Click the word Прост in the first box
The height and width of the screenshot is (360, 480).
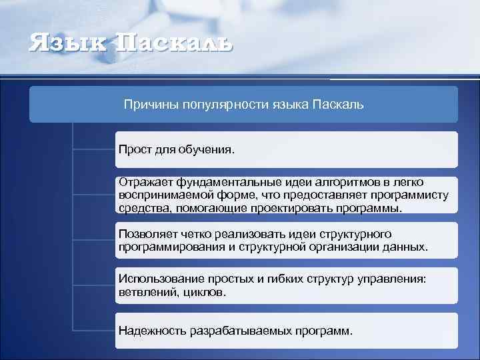(133, 149)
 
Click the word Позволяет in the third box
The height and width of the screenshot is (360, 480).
(147, 234)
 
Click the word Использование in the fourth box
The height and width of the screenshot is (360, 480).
(157, 279)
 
